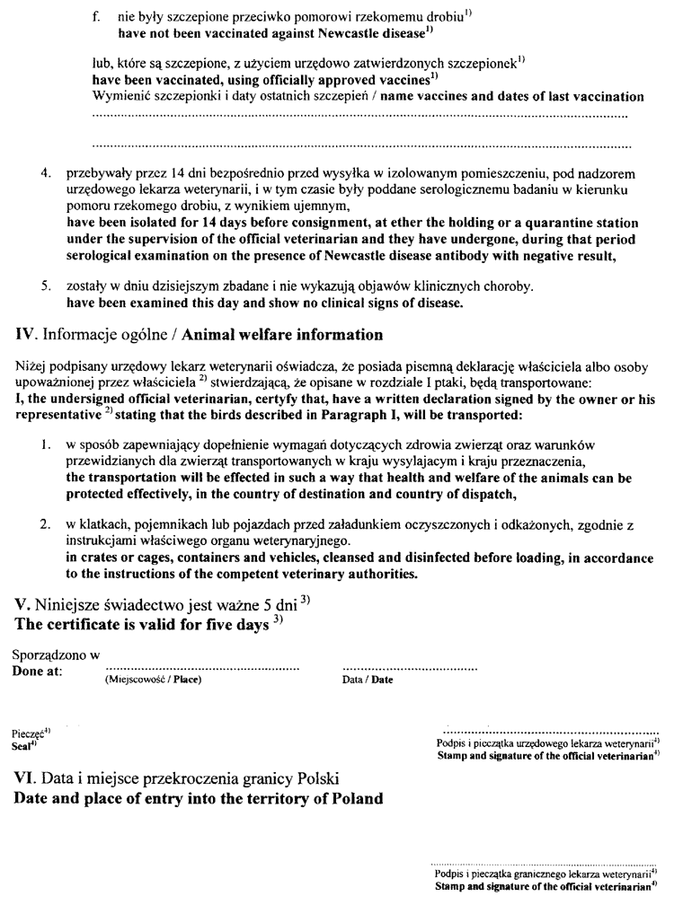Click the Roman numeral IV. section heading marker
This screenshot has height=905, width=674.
[26, 337]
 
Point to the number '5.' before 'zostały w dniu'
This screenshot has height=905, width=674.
[45, 287]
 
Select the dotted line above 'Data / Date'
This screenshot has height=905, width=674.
[411, 668]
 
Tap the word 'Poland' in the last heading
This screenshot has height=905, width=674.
[350, 798]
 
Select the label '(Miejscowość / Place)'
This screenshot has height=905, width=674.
[147, 680]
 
